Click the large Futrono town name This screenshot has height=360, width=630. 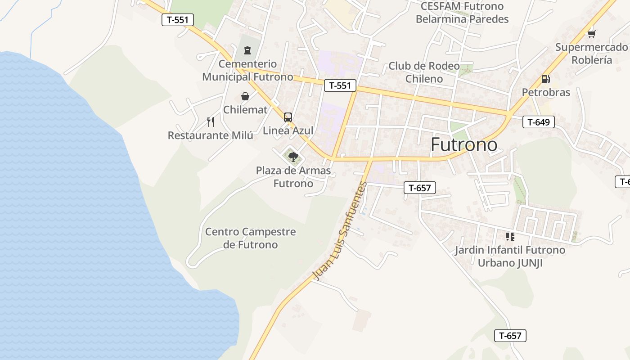464,144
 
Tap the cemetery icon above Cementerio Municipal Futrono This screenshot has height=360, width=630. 247,50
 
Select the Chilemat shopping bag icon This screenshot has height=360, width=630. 245,96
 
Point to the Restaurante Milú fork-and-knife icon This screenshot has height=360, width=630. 210,121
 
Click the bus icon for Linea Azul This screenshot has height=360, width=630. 288,117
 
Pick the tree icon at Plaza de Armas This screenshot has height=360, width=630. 293,157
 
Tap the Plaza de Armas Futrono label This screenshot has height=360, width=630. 293,177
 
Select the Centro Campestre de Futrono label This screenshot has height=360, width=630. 251,238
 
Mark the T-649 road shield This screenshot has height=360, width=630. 539,121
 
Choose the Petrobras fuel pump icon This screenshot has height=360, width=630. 545,79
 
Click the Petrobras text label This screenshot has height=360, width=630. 546,92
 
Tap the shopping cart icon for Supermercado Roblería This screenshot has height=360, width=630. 591,34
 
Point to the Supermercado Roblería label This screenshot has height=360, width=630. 591,54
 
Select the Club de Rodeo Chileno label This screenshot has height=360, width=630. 424,72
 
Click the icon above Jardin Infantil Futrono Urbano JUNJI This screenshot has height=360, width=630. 510,236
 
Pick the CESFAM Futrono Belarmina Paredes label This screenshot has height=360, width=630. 462,13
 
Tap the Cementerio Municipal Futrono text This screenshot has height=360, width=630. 247,70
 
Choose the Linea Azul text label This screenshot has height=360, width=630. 288,130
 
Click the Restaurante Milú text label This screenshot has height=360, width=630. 211,135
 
